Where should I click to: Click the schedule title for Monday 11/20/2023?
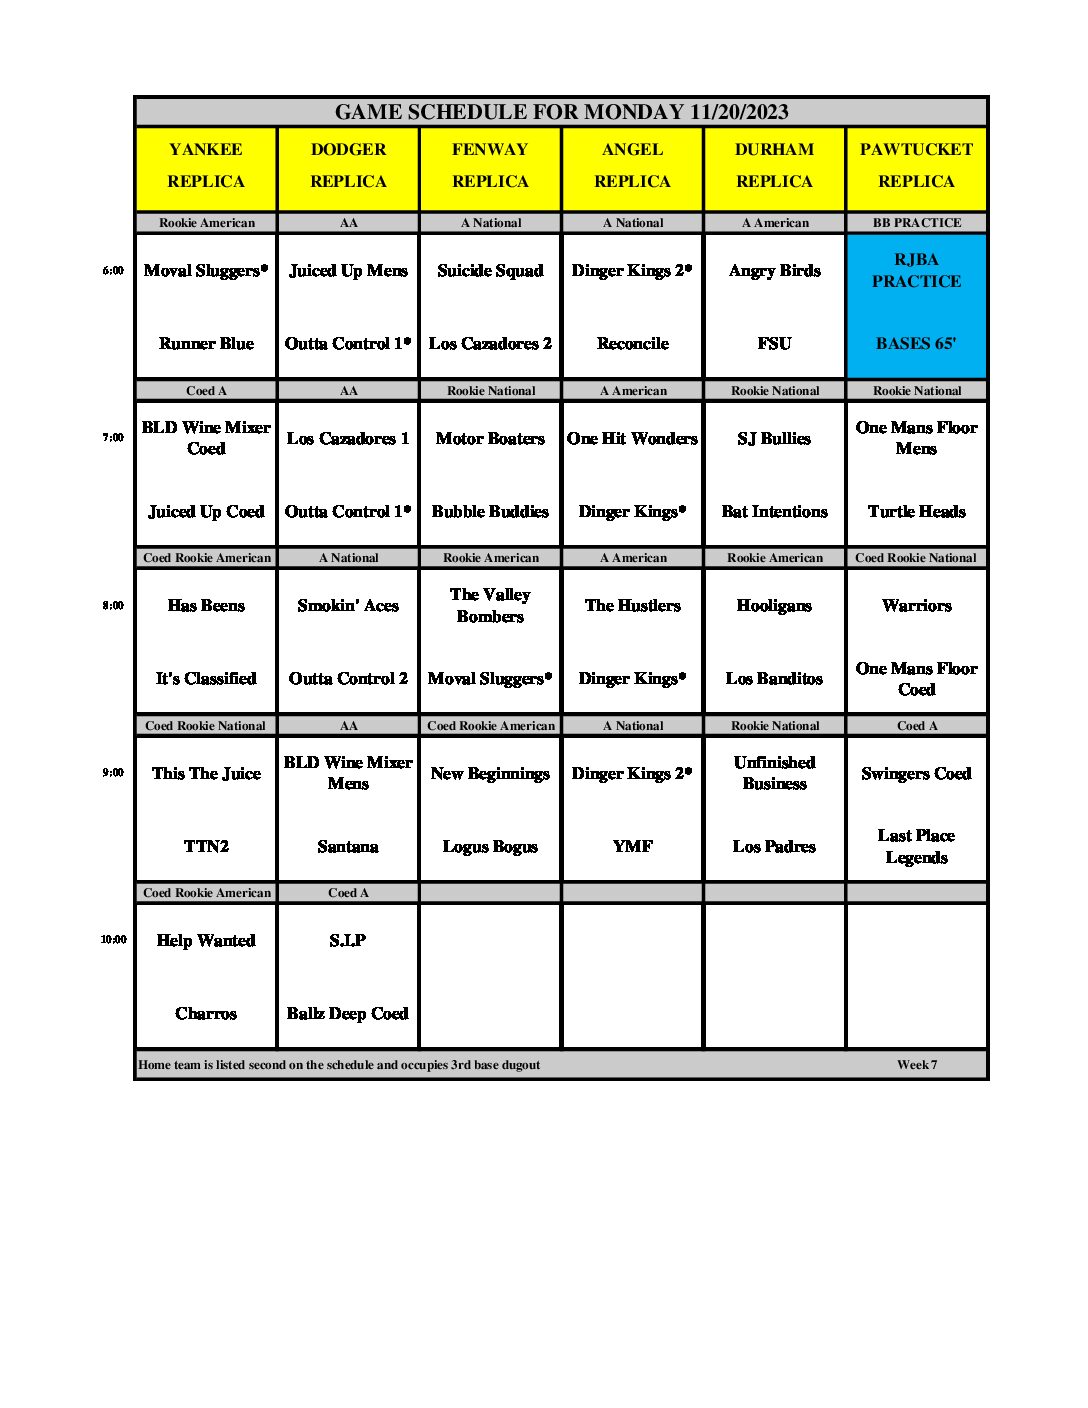[x=561, y=112]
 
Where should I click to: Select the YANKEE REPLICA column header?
[x=206, y=165]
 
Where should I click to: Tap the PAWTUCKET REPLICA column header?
[x=916, y=165]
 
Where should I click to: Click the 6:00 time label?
[x=113, y=270]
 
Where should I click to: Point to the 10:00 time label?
[x=113, y=940]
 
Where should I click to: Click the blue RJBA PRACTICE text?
[x=916, y=270]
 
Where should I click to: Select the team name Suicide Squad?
[x=490, y=271]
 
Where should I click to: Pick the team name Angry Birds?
[x=774, y=271]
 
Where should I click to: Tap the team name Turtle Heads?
[x=916, y=511]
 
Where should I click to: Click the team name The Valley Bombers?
[x=490, y=605]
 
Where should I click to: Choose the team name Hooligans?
[x=774, y=606]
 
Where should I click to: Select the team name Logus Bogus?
[x=490, y=846]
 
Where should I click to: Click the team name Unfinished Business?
[x=774, y=773]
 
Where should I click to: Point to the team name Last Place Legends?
[x=916, y=846]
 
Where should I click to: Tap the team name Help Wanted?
[x=206, y=941]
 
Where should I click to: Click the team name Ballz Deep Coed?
[x=347, y=1014]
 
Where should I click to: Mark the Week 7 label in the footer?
[x=917, y=1065]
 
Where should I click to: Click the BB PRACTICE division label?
[x=916, y=223]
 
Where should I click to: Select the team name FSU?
[x=774, y=343]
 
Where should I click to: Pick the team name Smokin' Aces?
[x=347, y=606]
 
